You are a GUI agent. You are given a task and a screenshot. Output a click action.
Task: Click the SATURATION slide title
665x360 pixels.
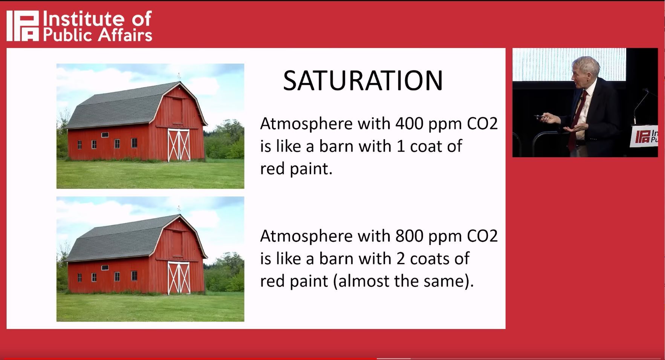point(363,81)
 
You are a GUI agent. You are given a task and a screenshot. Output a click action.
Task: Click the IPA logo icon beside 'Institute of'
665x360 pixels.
point(23,26)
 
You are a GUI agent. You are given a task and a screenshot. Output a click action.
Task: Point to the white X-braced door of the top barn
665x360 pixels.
point(179,145)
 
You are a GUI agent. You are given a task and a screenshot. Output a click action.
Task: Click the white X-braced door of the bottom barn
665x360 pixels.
point(179,277)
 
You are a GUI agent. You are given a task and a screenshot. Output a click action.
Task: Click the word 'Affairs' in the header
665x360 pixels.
point(125,35)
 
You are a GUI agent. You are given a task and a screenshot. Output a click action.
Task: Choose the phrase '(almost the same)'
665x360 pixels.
point(403,281)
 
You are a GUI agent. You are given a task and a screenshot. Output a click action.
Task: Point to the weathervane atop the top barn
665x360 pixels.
point(179,75)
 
